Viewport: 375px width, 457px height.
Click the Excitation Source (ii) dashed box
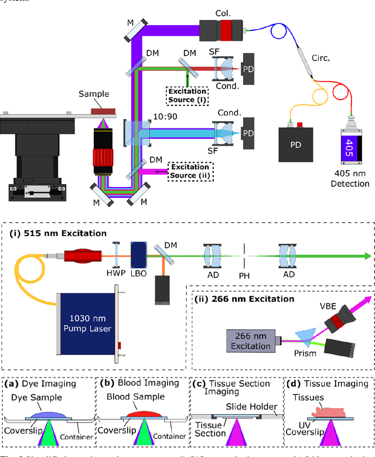pos(190,171)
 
